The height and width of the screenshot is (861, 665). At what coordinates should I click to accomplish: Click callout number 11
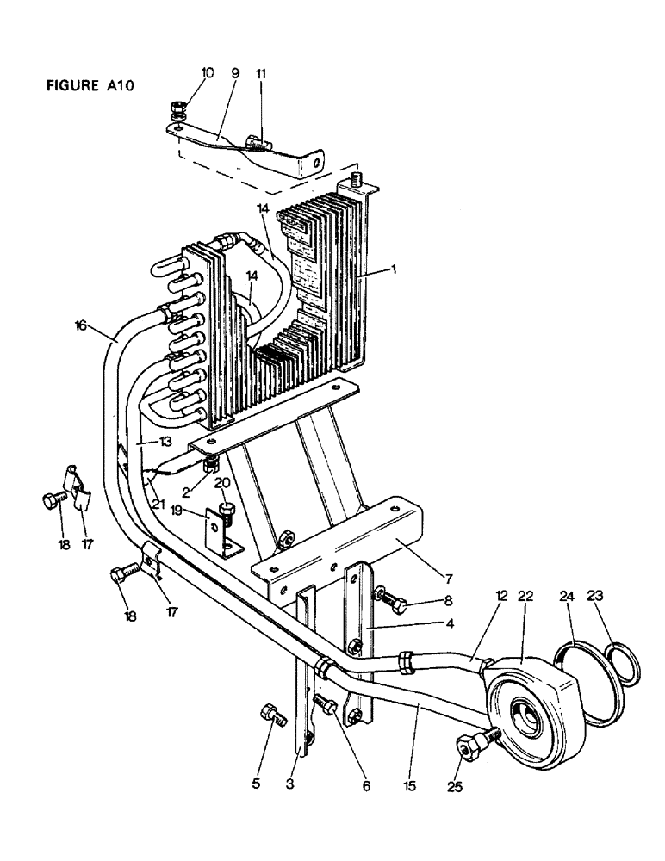261,74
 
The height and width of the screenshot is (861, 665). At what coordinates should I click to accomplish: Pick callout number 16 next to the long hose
81,325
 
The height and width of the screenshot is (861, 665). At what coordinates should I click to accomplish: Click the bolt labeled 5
269,716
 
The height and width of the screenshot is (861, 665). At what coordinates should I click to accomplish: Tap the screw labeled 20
227,511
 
